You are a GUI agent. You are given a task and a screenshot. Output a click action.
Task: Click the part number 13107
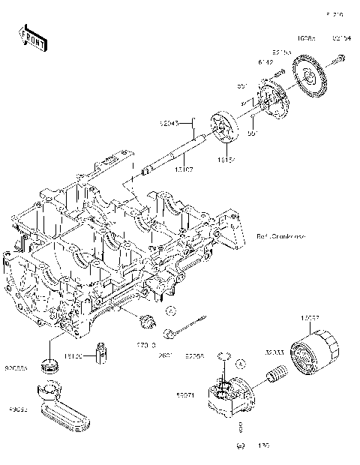click(184, 171)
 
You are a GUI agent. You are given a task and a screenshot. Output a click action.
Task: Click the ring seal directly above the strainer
click(50, 365)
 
